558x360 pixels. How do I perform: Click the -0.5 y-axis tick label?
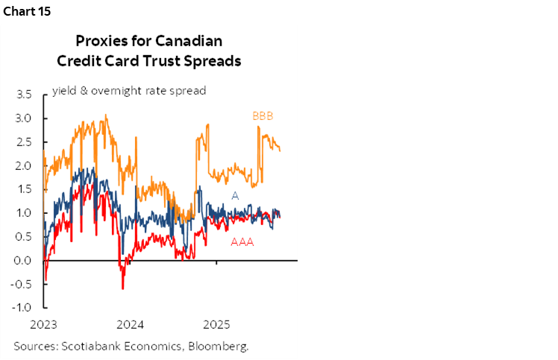[22, 284]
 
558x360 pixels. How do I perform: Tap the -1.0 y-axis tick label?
[22, 308]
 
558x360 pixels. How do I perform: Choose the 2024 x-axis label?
[131, 324]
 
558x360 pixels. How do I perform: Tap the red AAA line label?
[242, 241]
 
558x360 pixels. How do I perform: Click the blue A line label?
[234, 195]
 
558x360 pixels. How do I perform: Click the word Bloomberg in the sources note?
[220, 346]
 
